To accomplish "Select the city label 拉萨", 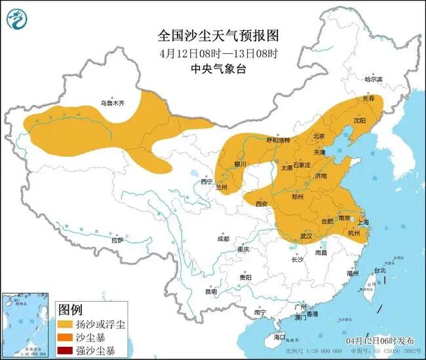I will click(117, 241).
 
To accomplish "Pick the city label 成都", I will click(223, 239).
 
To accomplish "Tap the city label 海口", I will click(280, 337).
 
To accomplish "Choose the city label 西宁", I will click(207, 181).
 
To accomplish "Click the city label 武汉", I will click(306, 235).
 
